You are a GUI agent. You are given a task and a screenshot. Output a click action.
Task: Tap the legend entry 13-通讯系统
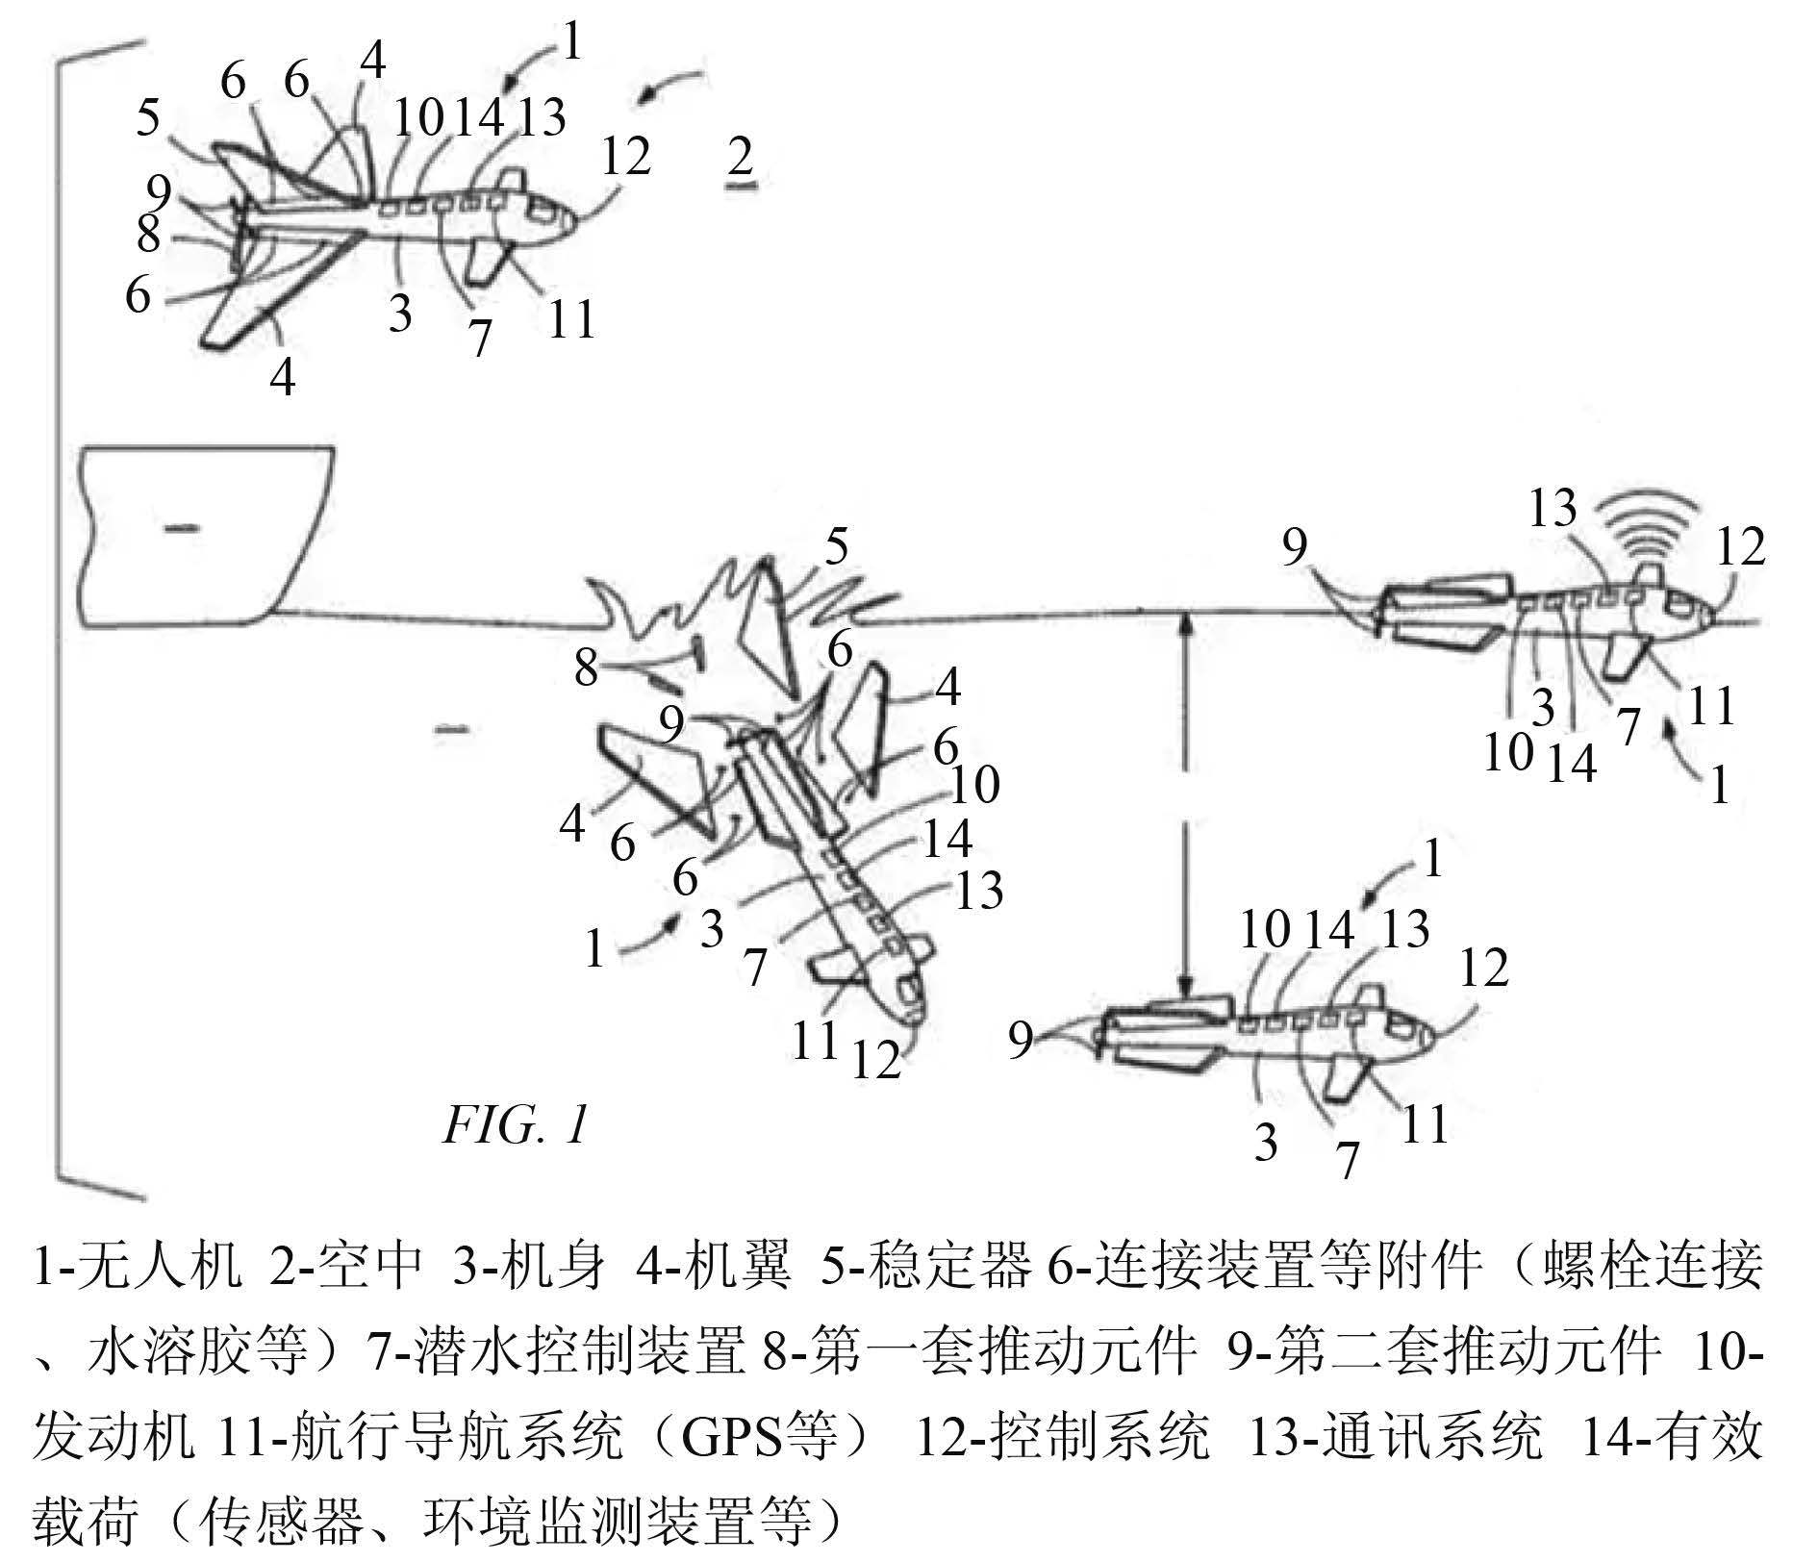[x=1395, y=1438]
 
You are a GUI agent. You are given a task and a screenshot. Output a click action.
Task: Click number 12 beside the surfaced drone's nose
[x=1741, y=548]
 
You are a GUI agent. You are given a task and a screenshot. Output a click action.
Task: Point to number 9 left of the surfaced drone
[x=1295, y=548]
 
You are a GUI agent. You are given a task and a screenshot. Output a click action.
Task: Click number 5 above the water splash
[x=837, y=548]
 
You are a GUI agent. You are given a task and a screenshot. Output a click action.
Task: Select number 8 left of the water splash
[x=587, y=668]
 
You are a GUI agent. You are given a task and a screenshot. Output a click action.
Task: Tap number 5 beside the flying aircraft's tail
[x=147, y=118]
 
